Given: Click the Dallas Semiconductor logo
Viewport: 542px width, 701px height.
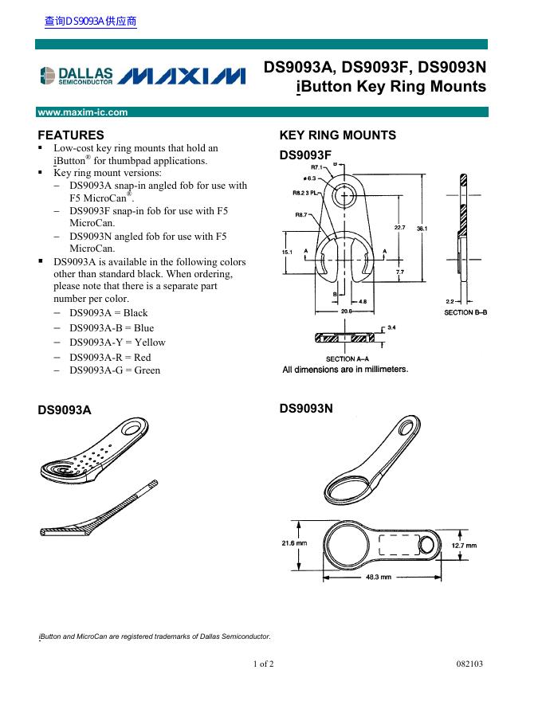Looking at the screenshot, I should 77,76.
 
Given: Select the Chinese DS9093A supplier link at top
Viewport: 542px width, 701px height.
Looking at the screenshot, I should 90,22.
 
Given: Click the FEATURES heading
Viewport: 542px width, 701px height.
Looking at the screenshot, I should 71,135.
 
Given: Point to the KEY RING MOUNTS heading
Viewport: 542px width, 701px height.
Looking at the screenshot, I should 337,135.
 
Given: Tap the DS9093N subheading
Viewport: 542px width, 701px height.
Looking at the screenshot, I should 305,409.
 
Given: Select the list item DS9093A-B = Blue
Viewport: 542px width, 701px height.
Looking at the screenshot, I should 112,327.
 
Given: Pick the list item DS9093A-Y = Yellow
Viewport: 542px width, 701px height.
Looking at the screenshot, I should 117,342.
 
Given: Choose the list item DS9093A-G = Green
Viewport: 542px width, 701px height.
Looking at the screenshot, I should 115,370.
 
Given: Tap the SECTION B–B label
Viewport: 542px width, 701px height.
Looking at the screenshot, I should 465,313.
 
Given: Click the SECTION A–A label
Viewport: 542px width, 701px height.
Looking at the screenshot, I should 347,359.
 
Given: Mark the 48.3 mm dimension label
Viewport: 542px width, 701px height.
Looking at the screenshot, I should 378,578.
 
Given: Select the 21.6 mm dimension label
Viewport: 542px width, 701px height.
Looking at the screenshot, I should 294,543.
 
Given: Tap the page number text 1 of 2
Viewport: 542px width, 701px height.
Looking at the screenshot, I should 264,664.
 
